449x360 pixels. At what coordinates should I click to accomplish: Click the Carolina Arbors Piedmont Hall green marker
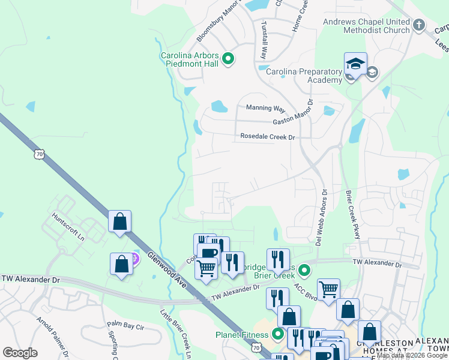tap(228, 59)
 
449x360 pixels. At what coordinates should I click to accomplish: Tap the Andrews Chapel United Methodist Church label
tap(366, 26)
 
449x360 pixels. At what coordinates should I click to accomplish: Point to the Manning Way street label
tap(265, 108)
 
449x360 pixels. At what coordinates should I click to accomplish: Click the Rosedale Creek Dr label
tap(268, 137)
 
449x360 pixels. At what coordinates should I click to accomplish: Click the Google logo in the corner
tap(20, 353)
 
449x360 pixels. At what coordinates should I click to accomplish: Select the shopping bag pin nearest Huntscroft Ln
tap(120, 221)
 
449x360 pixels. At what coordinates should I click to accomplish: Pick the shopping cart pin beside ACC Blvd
tap(328, 290)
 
